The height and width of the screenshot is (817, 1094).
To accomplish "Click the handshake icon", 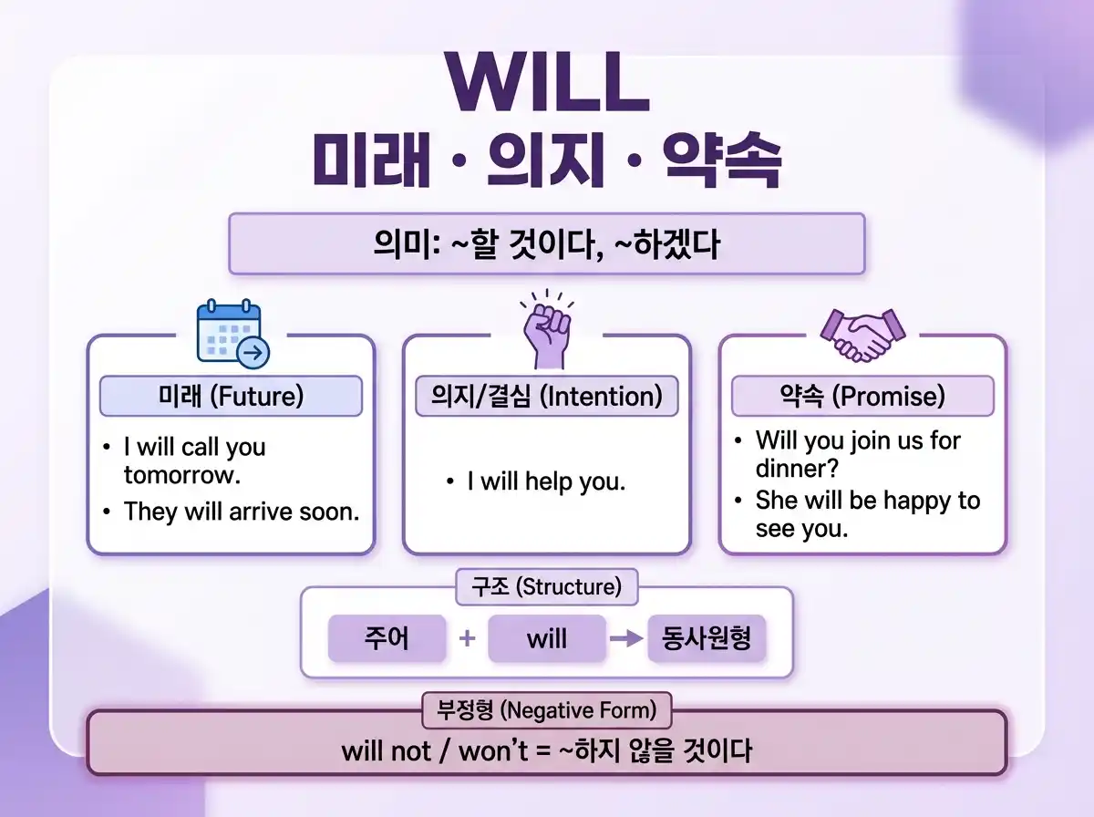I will click(x=862, y=335).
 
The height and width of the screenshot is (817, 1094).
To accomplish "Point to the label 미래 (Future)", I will click(x=231, y=397).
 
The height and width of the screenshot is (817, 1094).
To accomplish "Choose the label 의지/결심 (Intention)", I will click(x=546, y=397).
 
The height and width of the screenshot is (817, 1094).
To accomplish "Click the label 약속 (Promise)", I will click(x=862, y=397).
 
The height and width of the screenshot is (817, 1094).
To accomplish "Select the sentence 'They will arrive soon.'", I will click(x=242, y=512).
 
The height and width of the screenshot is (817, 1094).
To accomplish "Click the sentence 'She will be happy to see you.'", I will click(x=866, y=514).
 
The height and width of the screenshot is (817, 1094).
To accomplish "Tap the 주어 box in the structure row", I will click(x=387, y=638).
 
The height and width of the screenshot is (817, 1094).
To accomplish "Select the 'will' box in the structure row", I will click(x=546, y=638).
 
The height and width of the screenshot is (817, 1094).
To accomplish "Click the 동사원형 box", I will click(x=707, y=638).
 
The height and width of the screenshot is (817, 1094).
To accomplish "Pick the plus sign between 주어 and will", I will click(x=467, y=638).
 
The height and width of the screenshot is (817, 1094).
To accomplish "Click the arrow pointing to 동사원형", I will click(x=626, y=638).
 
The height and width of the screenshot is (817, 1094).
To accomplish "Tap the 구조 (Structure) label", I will click(x=546, y=587).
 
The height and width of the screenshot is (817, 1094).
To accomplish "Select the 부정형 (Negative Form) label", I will click(x=546, y=709).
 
